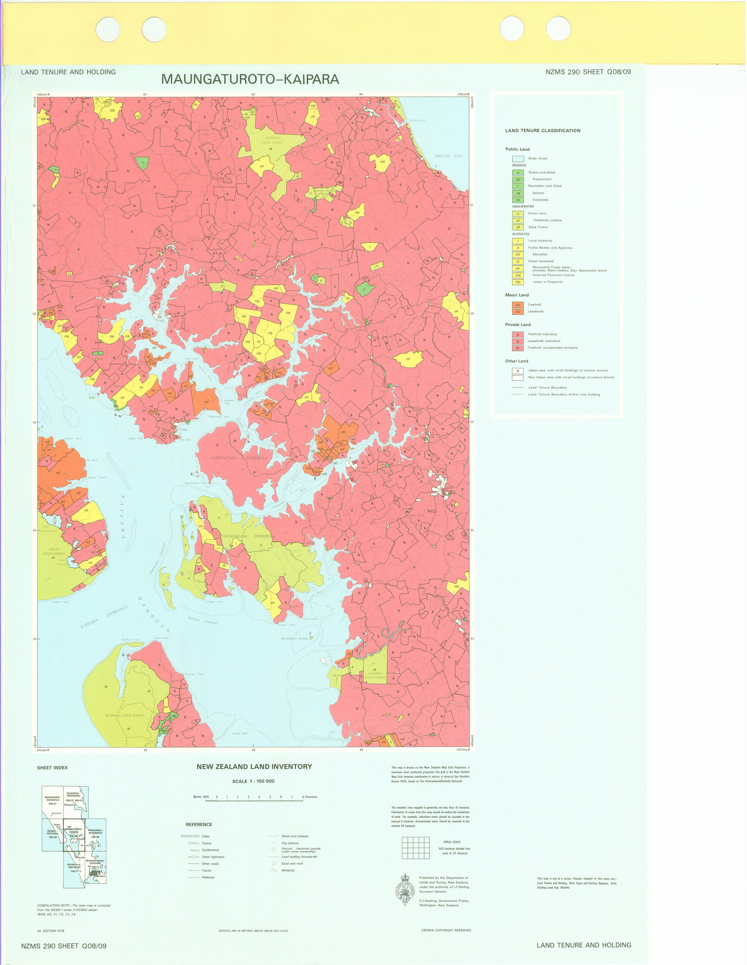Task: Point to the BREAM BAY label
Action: click(448, 156)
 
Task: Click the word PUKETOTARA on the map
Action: click(223, 458)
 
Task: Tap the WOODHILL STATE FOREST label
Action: click(124, 716)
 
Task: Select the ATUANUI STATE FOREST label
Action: click(375, 675)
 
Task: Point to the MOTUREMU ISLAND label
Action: click(294, 638)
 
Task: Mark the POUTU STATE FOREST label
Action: click(54, 551)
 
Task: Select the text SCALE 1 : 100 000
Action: click(253, 781)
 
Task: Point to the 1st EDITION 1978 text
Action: click(51, 931)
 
